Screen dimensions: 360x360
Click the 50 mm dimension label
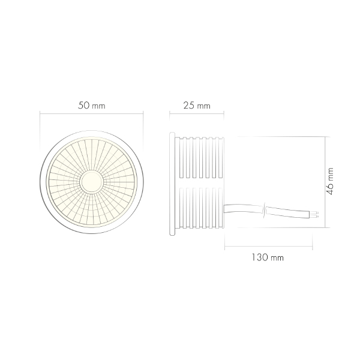click(x=92, y=105)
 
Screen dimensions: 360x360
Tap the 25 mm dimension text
click(x=196, y=106)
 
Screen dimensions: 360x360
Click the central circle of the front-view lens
click(x=92, y=181)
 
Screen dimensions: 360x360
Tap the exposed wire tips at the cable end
click(x=315, y=213)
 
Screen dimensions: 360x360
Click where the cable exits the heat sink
click(x=225, y=209)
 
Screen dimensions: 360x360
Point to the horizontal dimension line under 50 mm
click(x=92, y=113)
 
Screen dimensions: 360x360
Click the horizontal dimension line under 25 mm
click(x=196, y=113)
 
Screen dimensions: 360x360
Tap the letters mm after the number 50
click(x=100, y=106)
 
